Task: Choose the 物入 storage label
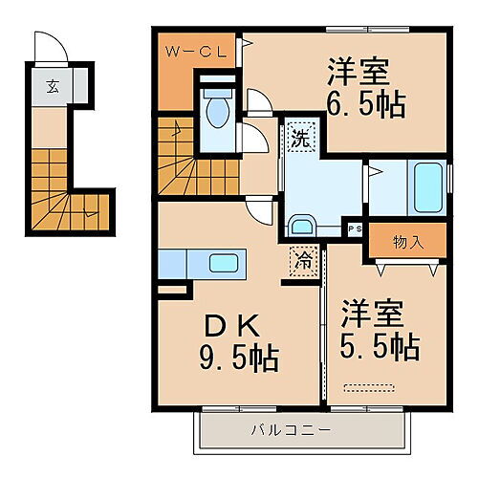(408, 243)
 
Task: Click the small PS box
(355, 228)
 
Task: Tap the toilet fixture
(217, 110)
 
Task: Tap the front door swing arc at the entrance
(48, 48)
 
